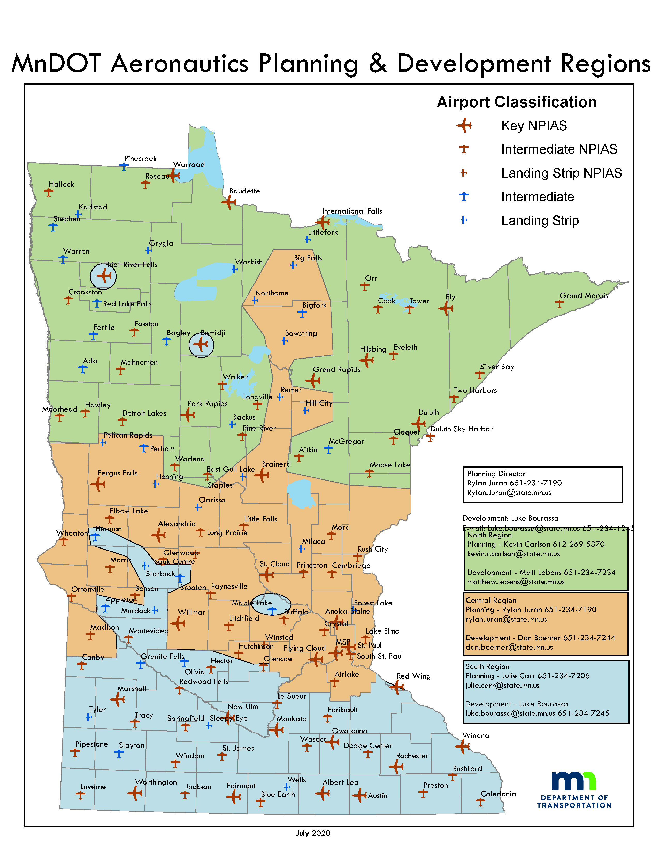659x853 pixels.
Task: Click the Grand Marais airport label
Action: (x=584, y=296)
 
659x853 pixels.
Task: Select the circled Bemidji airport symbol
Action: (x=201, y=345)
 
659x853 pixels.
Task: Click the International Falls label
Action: (x=352, y=211)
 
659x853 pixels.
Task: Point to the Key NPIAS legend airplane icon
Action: (x=464, y=126)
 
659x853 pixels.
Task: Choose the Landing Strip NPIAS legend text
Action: (x=561, y=173)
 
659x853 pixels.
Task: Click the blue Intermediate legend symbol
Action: (x=464, y=196)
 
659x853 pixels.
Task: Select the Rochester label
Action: (x=412, y=756)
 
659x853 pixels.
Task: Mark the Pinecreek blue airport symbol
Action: (x=124, y=167)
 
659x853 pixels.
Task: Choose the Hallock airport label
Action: (x=61, y=184)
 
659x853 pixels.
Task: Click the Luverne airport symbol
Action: (x=80, y=795)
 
